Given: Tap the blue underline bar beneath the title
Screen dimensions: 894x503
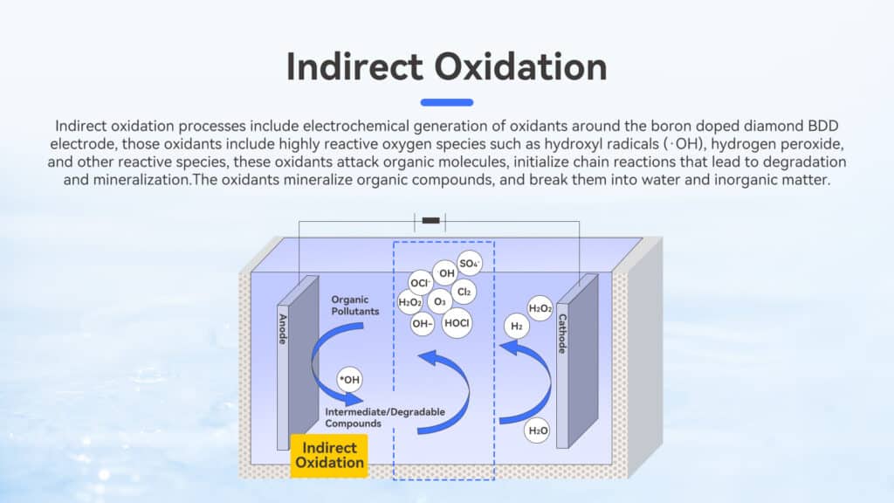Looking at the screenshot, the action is [447, 103].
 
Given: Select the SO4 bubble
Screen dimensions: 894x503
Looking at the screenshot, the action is [469, 264].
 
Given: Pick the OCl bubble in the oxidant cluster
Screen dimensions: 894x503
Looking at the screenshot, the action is [420, 283].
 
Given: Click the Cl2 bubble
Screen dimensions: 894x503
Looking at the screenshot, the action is [464, 292].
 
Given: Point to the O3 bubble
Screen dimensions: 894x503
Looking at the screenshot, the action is [440, 301].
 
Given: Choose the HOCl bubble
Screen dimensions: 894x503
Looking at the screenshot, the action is [457, 323].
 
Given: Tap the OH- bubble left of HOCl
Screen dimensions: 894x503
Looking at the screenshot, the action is [422, 324].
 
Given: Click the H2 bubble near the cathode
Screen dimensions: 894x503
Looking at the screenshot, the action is [517, 327].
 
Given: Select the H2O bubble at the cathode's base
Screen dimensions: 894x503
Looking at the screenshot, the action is [537, 431].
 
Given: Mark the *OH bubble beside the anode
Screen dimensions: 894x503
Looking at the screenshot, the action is [349, 380].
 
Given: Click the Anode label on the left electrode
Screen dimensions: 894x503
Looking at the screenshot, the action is [283, 329].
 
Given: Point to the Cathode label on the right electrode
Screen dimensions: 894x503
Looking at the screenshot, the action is [562, 334].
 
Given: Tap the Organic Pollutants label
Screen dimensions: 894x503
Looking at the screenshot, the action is [354, 306].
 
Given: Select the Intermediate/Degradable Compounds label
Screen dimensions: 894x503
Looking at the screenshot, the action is [385, 417].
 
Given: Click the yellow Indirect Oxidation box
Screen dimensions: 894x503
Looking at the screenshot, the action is [329, 456].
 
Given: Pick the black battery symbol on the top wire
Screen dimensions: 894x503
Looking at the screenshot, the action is [430, 221].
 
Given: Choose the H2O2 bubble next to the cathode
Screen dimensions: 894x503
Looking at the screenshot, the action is [540, 308].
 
